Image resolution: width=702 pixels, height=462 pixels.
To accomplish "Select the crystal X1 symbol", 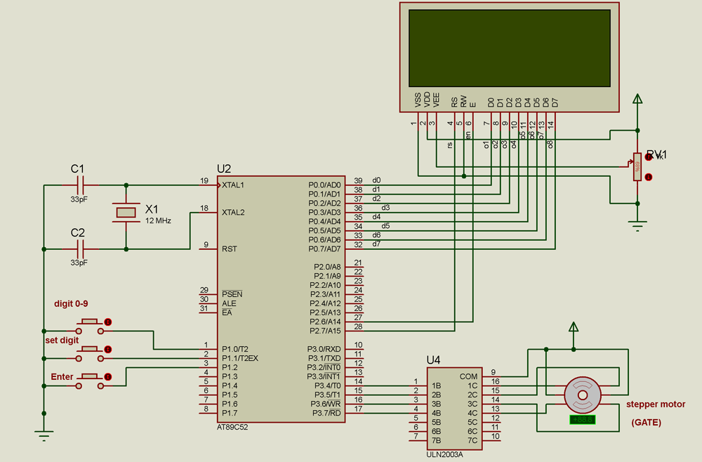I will point(126,213).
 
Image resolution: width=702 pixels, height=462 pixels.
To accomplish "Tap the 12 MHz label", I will point(158,220).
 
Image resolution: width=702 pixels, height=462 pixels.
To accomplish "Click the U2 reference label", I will point(224,169).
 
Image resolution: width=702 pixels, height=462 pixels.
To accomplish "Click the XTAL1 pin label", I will point(233,185).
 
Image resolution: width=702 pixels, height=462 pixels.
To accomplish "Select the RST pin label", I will point(230,249).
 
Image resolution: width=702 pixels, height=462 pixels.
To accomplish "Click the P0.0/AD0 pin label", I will point(324,185).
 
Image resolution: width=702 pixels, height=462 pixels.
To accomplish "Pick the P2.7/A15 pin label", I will point(325,331).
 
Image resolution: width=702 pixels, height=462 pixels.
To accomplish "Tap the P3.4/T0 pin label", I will point(326,385).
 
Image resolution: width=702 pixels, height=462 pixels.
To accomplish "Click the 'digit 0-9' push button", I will point(90,322).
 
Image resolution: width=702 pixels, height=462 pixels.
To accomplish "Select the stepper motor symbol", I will point(582,395).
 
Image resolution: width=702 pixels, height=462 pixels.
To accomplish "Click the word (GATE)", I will point(646,423).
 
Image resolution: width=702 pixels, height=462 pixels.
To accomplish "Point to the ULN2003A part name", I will point(444,454).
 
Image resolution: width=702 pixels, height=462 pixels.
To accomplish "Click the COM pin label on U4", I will point(468,376).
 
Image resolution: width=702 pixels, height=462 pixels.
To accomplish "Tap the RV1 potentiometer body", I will point(637,167).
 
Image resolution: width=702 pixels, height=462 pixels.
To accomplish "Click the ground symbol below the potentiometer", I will point(637,225).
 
